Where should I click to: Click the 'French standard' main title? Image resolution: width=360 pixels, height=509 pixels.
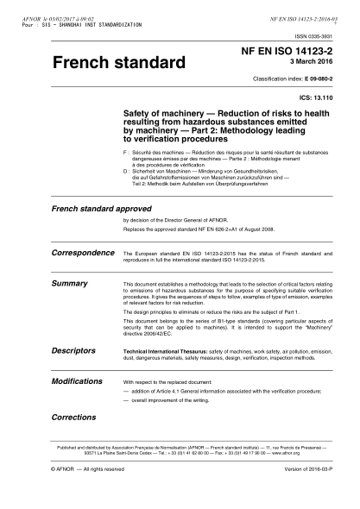coord(118,64)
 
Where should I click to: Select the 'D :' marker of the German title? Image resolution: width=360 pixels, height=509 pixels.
coord(129,172)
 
